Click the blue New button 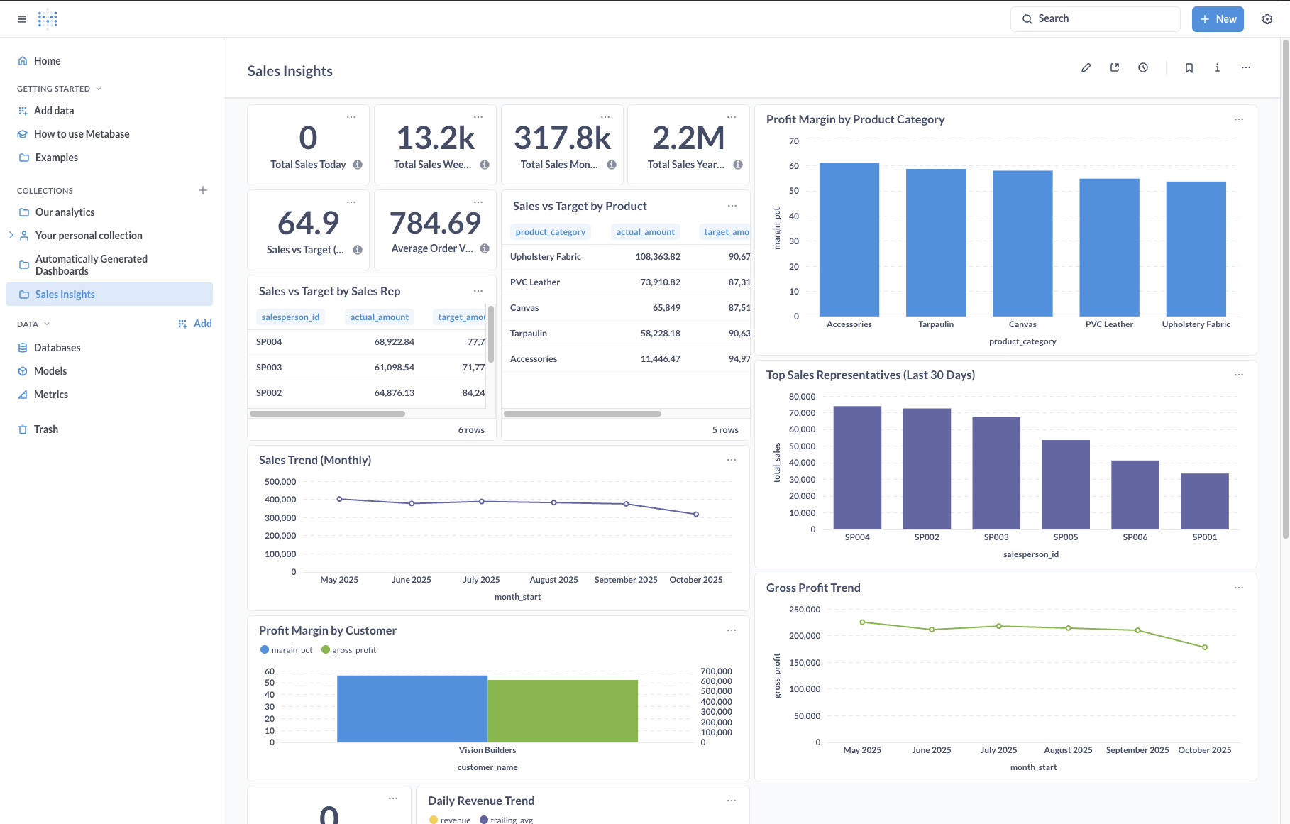[x=1218, y=19]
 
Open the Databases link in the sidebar [x=57, y=348]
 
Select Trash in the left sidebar [x=46, y=429]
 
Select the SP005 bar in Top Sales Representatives [x=1065, y=485]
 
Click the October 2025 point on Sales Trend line [x=696, y=514]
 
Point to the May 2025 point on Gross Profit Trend [x=862, y=622]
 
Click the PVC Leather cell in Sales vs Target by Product [x=535, y=282]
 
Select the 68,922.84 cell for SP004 [x=394, y=342]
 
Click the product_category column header [x=550, y=232]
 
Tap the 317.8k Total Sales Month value [x=562, y=138]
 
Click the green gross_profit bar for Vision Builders [x=563, y=711]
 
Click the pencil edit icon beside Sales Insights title [x=1086, y=68]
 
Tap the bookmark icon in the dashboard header [x=1189, y=68]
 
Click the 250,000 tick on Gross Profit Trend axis [x=804, y=610]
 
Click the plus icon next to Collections [x=203, y=190]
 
